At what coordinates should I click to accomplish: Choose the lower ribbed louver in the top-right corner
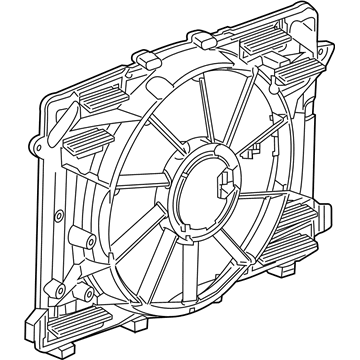pos(290,73)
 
